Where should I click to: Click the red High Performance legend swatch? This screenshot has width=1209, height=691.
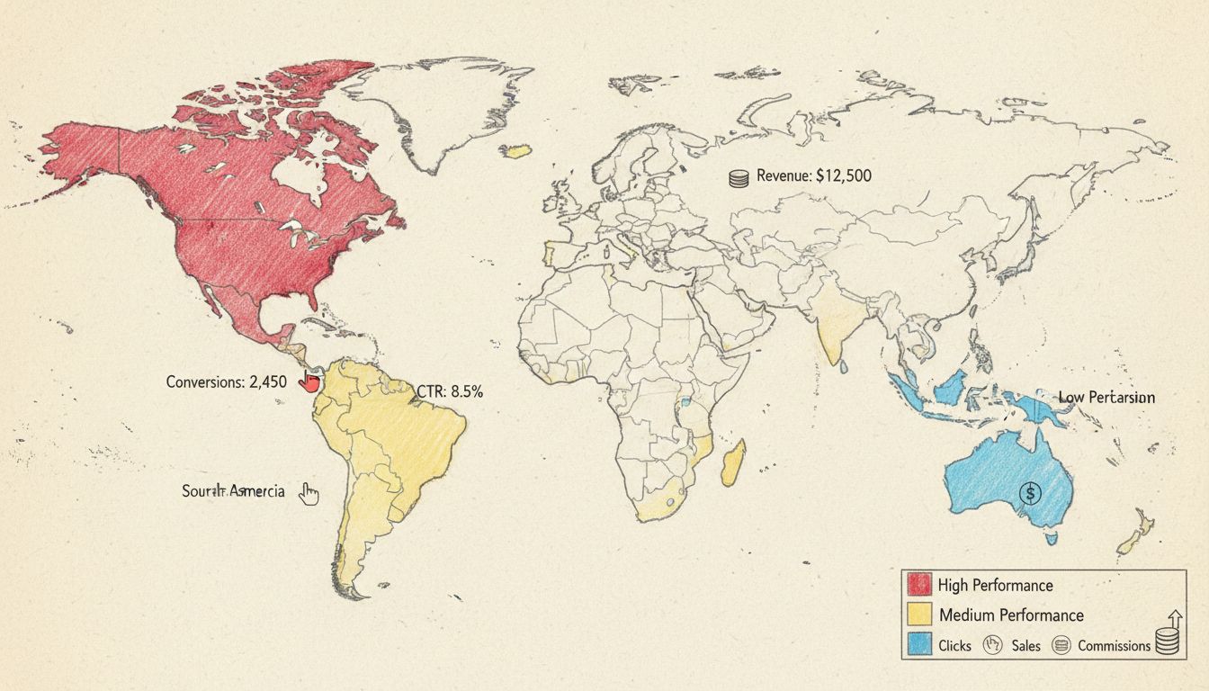pyautogui.click(x=918, y=585)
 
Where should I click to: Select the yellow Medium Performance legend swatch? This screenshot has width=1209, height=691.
pyautogui.click(x=918, y=615)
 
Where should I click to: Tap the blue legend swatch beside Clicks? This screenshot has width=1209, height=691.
pyautogui.click(x=918, y=645)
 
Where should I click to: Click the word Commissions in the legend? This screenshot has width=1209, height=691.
pyautogui.click(x=1114, y=645)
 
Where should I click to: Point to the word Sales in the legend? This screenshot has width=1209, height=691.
pyautogui.click(x=1025, y=645)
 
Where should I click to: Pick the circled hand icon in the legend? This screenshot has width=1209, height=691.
pyautogui.click(x=994, y=645)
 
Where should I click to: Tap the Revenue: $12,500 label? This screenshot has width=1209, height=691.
pyautogui.click(x=813, y=176)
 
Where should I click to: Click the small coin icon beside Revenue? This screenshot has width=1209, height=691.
pyautogui.click(x=738, y=178)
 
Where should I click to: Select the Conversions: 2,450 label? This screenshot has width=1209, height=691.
pyautogui.click(x=227, y=381)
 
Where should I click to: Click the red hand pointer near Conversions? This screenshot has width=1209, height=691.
pyautogui.click(x=309, y=381)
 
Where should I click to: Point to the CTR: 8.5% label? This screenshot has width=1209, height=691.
pyautogui.click(x=450, y=391)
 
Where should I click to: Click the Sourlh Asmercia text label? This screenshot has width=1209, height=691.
pyautogui.click(x=233, y=491)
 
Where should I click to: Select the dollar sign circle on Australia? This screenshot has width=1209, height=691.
pyautogui.click(x=1031, y=492)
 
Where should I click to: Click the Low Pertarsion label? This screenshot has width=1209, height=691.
pyautogui.click(x=1106, y=397)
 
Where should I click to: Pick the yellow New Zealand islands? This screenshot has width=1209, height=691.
pyautogui.click(x=1134, y=532)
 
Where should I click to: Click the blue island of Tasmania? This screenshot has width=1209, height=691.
pyautogui.click(x=1051, y=538)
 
